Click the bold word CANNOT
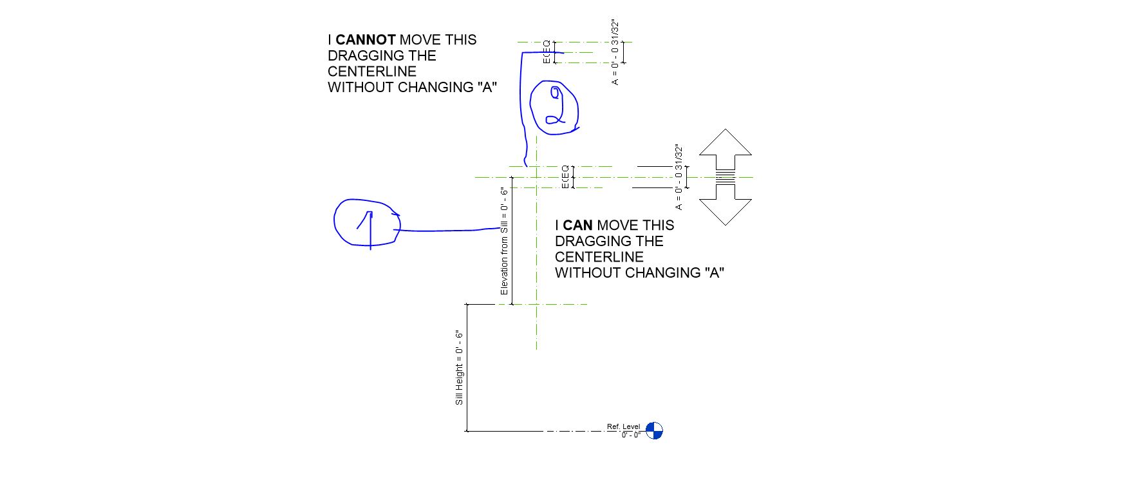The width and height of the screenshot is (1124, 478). point(365,40)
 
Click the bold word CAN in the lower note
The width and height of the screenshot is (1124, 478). point(577,225)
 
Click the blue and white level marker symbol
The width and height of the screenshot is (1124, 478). point(654,430)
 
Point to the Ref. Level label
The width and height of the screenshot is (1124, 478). point(623,426)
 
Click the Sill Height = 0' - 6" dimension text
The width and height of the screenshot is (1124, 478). point(459,368)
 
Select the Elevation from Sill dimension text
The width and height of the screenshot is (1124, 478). point(504,241)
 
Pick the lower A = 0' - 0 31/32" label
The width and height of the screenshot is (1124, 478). point(679,177)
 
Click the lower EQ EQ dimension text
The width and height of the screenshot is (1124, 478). point(565,177)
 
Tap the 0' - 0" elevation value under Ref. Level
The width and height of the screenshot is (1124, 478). point(631,435)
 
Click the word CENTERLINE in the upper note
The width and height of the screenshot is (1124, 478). point(372,72)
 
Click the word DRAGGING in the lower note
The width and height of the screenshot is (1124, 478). point(585,242)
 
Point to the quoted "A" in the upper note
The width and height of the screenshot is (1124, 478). point(489,88)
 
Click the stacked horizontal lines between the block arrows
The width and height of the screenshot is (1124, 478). point(725,177)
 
